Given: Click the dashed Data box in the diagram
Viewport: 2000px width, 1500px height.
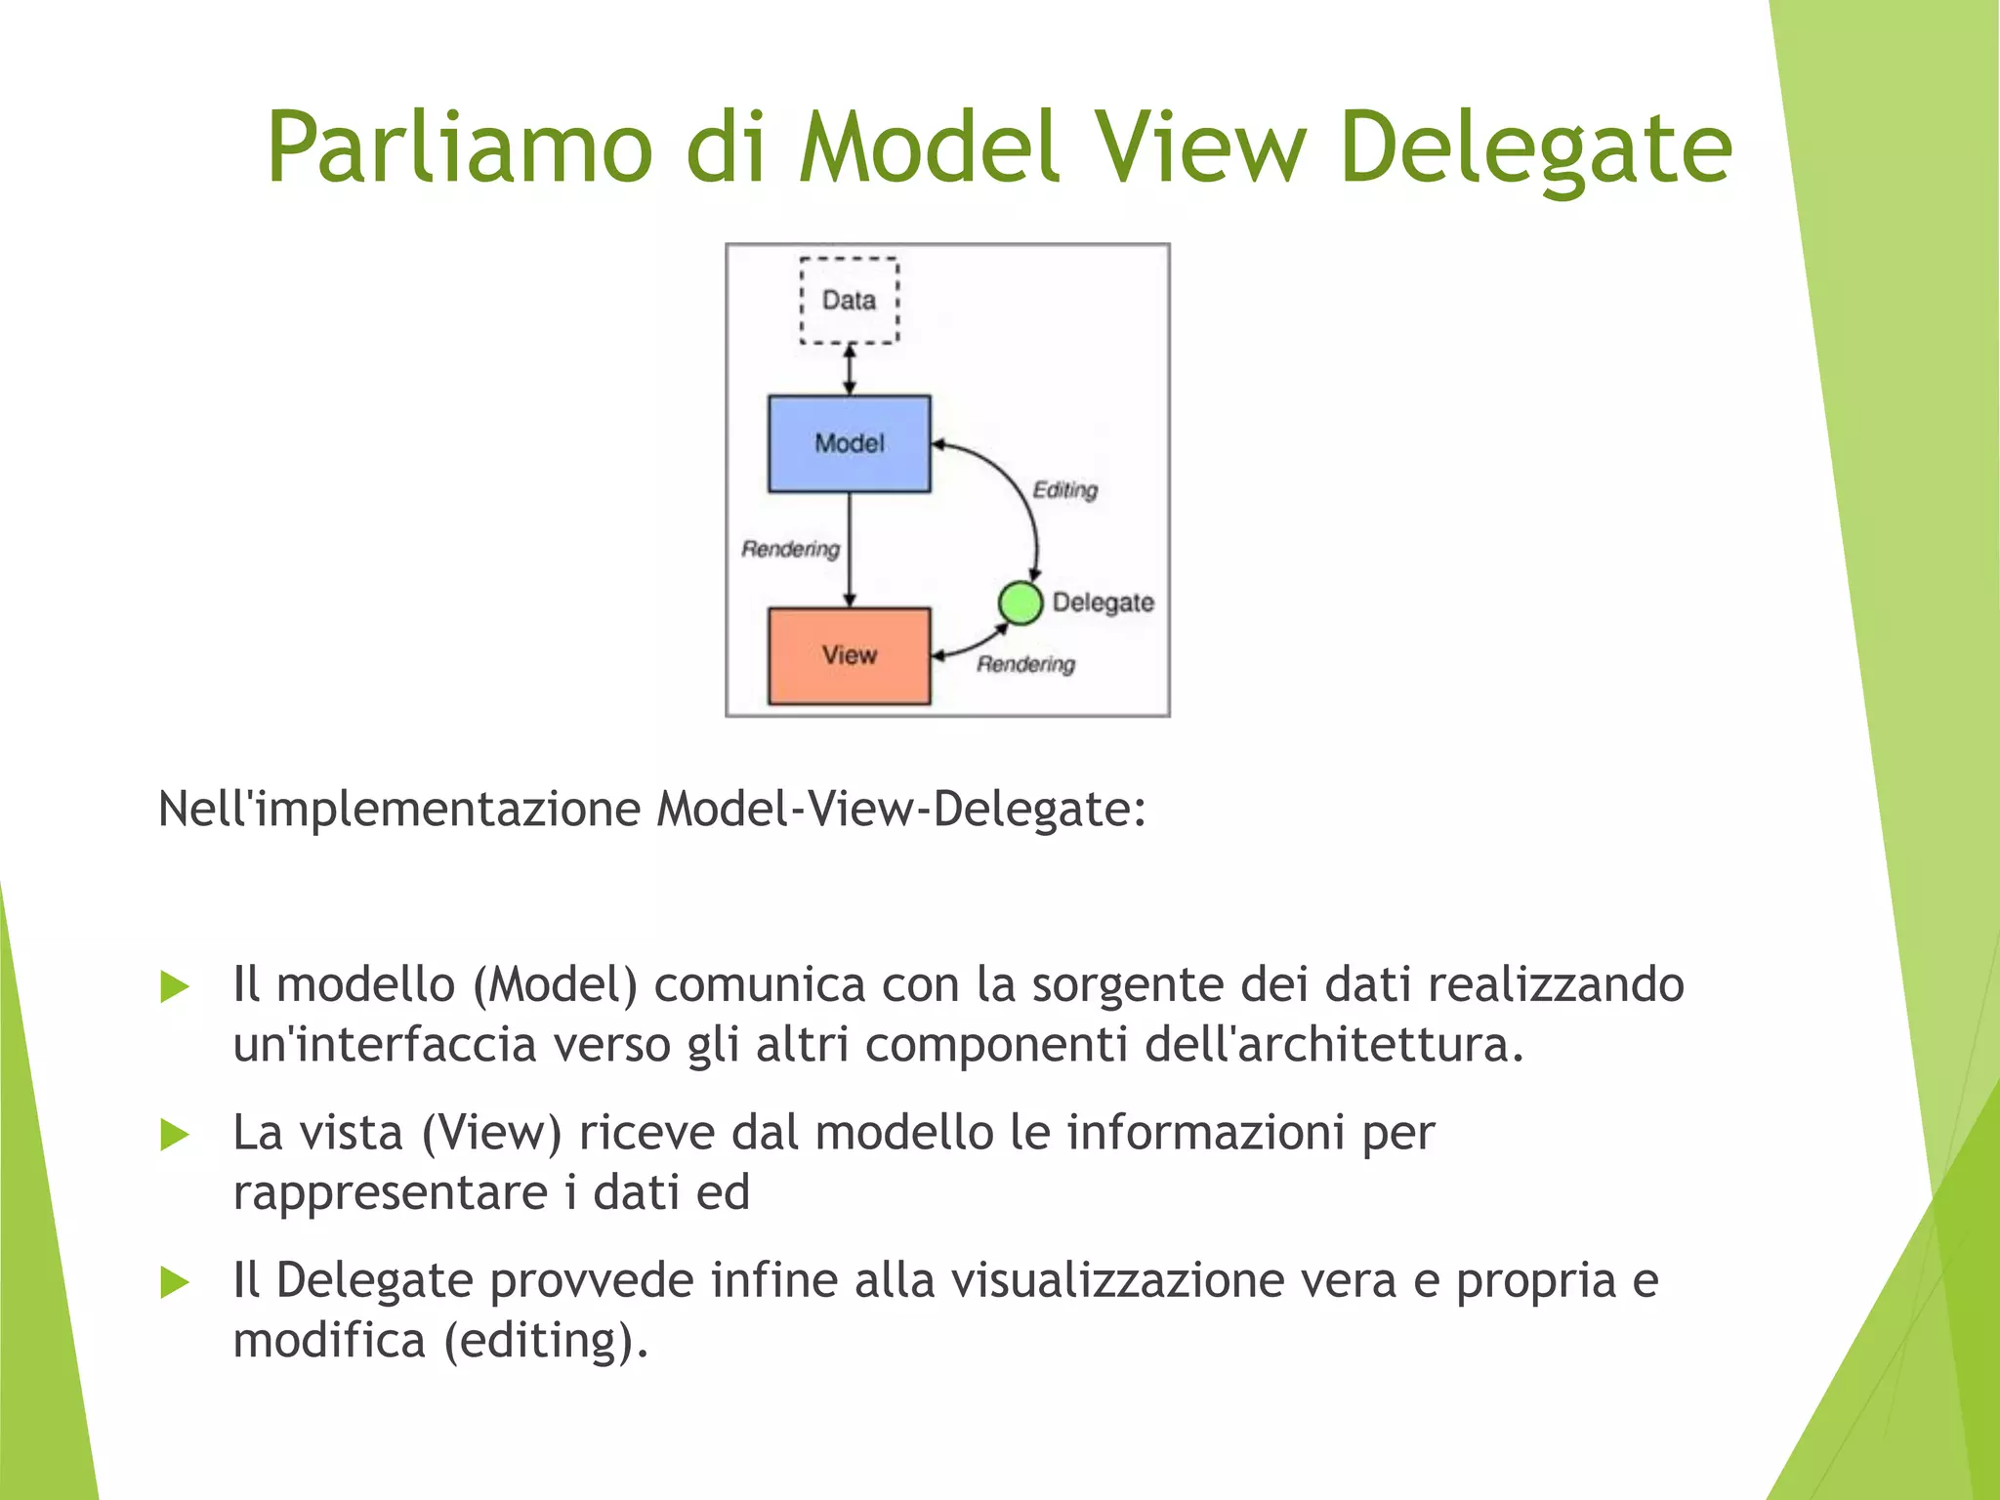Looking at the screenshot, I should tap(849, 300).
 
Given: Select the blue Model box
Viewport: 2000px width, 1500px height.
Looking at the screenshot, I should tap(849, 443).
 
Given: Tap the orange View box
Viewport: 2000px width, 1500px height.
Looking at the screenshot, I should tap(849, 655).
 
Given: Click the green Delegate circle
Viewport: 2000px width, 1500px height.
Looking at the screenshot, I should tap(1021, 603).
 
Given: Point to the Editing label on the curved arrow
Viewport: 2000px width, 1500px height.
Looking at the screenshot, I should tap(1065, 489).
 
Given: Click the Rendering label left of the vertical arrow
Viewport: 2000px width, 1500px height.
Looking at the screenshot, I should tap(790, 549).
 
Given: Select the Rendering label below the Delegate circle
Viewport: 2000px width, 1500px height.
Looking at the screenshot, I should tap(1025, 664).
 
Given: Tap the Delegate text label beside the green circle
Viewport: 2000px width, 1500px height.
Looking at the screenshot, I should tap(1103, 603).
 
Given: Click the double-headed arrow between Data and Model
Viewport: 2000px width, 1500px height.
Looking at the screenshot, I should tap(849, 369).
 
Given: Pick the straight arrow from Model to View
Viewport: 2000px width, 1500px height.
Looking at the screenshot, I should tap(849, 550).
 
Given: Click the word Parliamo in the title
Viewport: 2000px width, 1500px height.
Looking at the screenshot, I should tap(459, 148).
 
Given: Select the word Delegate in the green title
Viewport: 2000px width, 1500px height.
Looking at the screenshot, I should tap(1535, 148).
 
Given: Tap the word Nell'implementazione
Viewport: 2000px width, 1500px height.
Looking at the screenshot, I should tap(398, 810).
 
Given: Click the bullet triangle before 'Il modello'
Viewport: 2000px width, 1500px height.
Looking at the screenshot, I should tap(174, 986).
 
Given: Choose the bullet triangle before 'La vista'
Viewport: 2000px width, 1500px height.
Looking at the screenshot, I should tap(174, 1135).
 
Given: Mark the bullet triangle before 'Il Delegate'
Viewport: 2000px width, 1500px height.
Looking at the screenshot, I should tap(174, 1282).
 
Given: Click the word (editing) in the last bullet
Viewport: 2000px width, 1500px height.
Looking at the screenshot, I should tap(546, 1341).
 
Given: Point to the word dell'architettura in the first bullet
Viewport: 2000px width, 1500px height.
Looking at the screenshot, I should tap(1334, 1045).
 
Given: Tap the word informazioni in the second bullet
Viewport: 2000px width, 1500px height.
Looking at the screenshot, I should tap(1205, 1134).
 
